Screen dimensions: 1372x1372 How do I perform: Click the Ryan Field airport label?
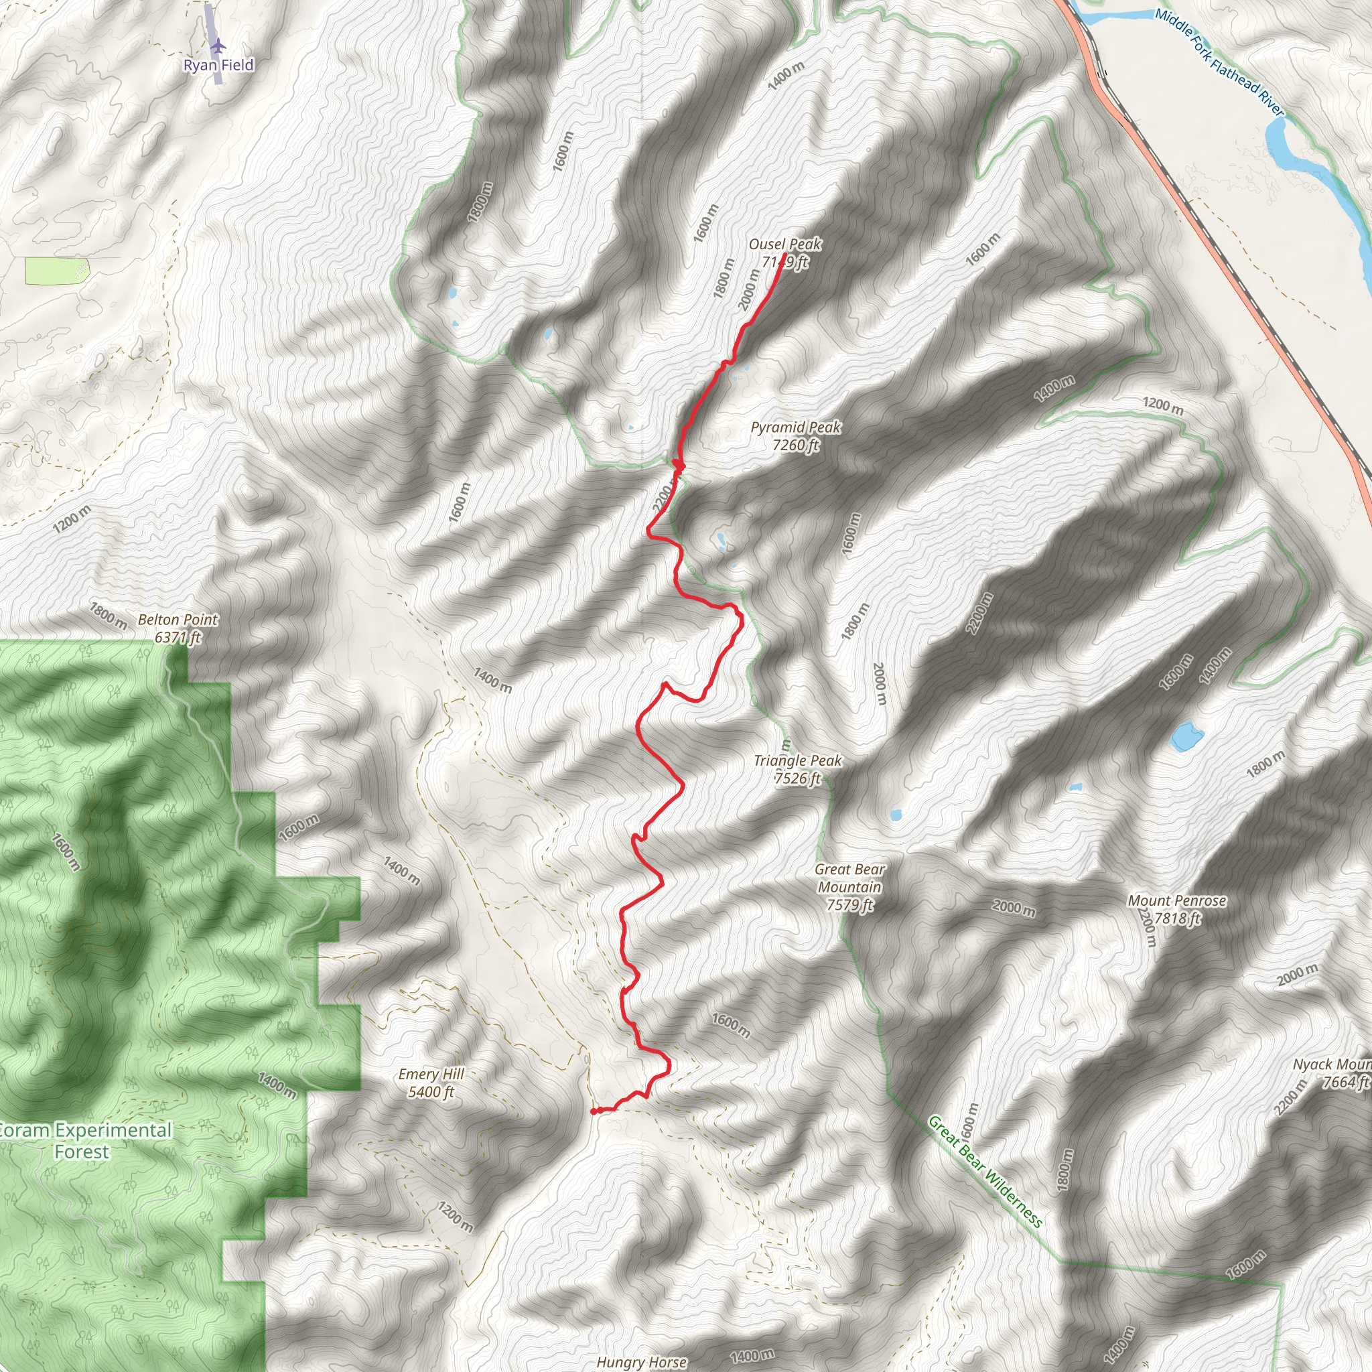[218, 66]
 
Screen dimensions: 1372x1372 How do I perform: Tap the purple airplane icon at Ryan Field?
[217, 46]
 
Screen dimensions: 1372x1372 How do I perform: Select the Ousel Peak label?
[784, 245]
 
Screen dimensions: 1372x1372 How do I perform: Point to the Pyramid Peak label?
[795, 427]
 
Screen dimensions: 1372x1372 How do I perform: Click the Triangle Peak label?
[797, 760]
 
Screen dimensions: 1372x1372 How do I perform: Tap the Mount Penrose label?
[1176, 900]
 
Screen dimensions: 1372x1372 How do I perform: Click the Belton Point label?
[178, 620]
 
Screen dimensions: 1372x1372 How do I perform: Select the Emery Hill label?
[431, 1075]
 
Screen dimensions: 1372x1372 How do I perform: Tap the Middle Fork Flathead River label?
[1219, 62]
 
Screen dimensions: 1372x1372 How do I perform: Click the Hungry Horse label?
[641, 1361]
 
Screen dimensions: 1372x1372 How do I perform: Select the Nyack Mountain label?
[1332, 1065]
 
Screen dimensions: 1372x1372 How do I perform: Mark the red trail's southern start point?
[593, 1111]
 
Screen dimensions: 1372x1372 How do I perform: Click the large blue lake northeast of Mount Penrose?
[1186, 736]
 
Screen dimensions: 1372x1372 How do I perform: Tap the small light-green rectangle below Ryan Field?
[58, 271]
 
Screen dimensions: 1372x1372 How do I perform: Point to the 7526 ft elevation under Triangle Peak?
[797, 778]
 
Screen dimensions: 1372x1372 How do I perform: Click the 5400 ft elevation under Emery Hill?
[431, 1092]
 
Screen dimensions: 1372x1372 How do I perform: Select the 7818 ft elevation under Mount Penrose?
[1176, 918]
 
